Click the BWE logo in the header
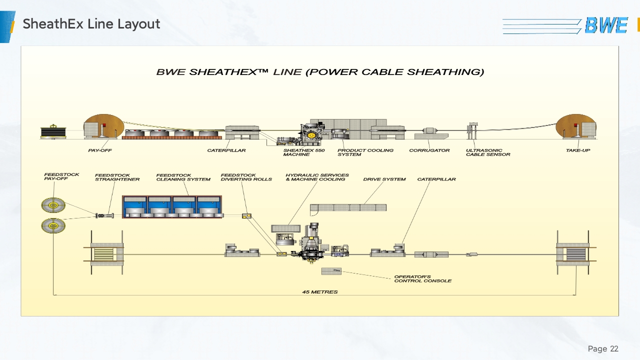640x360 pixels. (606, 25)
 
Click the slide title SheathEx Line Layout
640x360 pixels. (91, 23)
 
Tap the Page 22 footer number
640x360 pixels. (603, 348)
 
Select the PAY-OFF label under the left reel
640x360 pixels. (100, 150)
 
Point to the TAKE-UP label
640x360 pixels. (577, 150)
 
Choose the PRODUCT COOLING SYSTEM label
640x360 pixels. (365, 152)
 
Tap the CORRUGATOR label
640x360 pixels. (429, 150)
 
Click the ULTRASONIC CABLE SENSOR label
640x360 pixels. (488, 152)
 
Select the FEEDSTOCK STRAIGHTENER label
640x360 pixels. (117, 177)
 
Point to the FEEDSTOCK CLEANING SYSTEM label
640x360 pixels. (183, 177)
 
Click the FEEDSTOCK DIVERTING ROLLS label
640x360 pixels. (246, 177)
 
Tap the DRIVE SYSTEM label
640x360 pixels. (384, 179)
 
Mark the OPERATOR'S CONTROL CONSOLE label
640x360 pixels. (422, 279)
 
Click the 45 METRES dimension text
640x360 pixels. (319, 292)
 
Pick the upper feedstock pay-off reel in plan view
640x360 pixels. (53, 205)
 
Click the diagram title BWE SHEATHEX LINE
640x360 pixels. (320, 72)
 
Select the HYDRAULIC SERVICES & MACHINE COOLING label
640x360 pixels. (317, 177)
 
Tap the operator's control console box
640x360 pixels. (331, 271)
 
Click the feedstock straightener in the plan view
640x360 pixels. (105, 215)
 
